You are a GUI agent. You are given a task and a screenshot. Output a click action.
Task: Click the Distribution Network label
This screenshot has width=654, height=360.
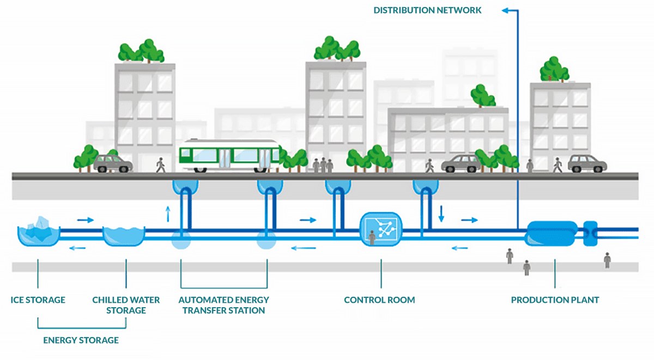[x=427, y=10]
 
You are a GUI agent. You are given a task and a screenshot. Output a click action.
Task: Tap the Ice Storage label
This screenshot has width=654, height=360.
[x=38, y=300]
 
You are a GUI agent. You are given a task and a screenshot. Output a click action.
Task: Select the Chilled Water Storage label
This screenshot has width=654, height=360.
[x=126, y=305]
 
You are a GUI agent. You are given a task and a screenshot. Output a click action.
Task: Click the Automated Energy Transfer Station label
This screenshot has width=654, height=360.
[x=223, y=305]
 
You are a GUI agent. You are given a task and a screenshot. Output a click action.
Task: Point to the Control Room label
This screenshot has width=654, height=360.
[x=379, y=300]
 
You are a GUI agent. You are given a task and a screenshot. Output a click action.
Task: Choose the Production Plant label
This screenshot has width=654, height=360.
[x=555, y=300]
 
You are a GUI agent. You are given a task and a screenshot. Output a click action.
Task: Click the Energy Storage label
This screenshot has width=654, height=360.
[x=81, y=340]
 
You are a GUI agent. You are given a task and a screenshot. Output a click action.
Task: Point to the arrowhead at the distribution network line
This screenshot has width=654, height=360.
[x=505, y=10]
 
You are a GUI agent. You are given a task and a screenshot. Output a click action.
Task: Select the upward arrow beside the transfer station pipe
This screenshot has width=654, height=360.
[x=168, y=213]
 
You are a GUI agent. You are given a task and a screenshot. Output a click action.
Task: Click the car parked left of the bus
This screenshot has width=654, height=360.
[x=113, y=163]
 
